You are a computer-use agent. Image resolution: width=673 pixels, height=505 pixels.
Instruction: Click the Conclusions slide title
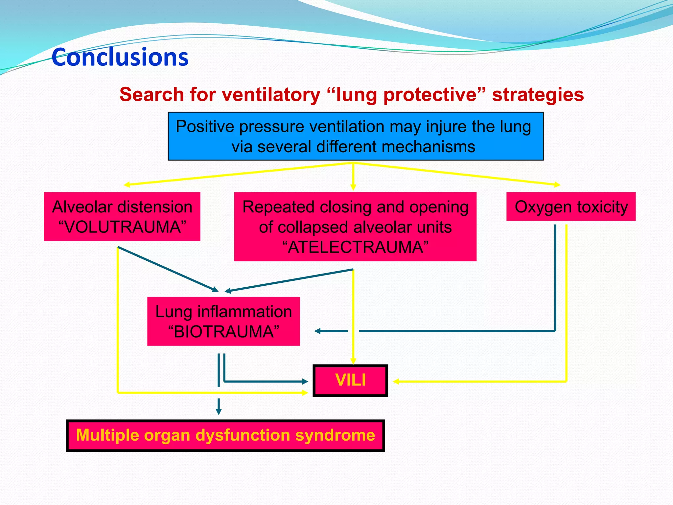pos(120,57)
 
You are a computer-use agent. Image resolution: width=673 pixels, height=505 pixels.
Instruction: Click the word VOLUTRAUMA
pos(122,227)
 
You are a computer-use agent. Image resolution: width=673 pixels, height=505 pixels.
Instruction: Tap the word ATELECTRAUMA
pos(355,247)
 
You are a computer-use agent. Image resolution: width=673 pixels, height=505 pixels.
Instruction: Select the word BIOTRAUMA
pos(223,331)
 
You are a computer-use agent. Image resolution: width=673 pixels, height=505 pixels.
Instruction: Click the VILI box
pos(350,380)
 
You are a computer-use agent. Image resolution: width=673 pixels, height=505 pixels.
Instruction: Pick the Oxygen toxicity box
pos(571,207)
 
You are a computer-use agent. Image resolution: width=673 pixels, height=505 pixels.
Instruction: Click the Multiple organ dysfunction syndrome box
pos(225,435)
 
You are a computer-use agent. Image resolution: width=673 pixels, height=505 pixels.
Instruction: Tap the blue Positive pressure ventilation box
pos(355,136)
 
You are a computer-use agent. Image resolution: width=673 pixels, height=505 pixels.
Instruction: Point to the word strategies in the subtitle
pos(538,95)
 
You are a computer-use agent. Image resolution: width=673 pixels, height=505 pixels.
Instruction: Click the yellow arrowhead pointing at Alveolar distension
pos(127,185)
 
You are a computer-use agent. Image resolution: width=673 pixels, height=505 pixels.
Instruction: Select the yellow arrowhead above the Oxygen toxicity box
pos(557,185)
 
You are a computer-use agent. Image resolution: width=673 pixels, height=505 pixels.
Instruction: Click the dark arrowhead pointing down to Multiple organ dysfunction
pos(219,412)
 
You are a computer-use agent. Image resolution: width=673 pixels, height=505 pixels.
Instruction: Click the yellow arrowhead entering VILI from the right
pos(396,381)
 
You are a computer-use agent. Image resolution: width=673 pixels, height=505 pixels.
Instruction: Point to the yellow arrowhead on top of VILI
pos(353,361)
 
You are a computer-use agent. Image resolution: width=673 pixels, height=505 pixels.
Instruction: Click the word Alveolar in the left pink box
pos(82,207)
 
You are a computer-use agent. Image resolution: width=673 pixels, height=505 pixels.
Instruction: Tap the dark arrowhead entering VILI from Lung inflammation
pos(305,381)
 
